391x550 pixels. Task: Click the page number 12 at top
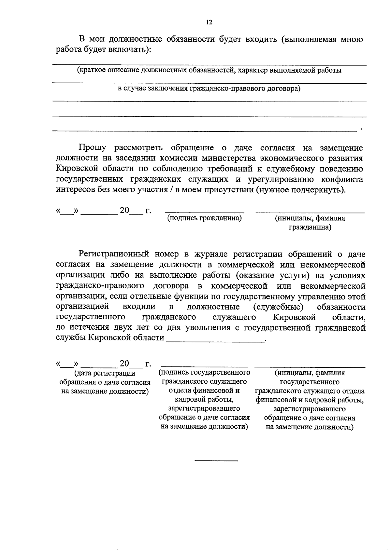(209, 22)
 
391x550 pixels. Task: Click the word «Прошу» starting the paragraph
(92, 148)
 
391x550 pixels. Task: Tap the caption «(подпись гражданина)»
(204, 218)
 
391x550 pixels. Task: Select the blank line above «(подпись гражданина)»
(204, 212)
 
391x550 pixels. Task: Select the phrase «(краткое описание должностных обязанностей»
(154, 70)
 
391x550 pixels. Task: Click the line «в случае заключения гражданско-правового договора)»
(209, 88)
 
